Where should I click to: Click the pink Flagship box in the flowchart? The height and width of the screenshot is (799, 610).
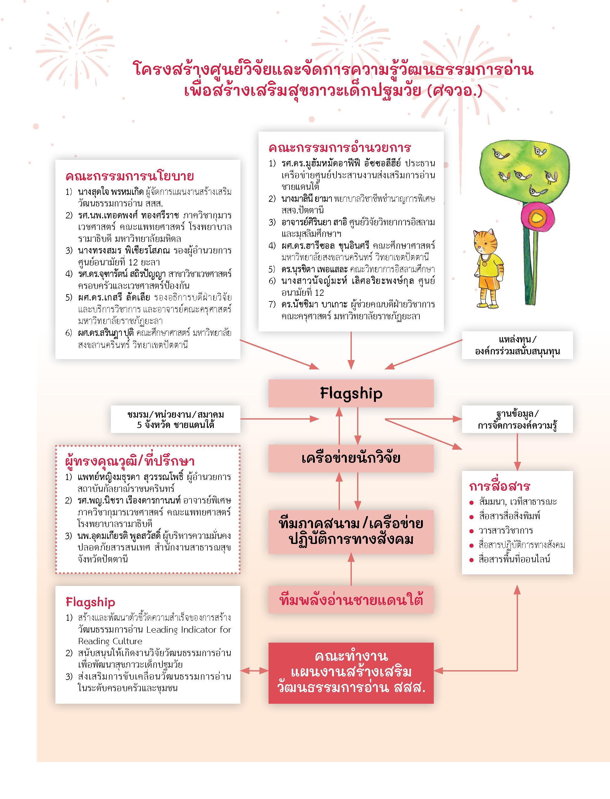[x=351, y=393]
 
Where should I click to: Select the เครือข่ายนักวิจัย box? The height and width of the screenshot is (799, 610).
[x=351, y=458]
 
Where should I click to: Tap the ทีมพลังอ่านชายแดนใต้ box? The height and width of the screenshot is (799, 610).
[x=351, y=600]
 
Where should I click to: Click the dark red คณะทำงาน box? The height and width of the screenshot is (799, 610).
[x=351, y=672]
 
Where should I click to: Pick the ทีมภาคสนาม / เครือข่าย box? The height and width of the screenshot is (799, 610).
[x=351, y=531]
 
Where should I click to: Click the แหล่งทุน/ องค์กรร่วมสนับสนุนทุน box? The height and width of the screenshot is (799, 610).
[x=517, y=345]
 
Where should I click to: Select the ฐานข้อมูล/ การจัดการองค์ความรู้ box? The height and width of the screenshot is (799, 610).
[x=517, y=419]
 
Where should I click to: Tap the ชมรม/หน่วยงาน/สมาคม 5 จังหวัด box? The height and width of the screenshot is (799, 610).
[x=175, y=419]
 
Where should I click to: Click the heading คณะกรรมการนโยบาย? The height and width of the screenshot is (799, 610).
[x=130, y=176]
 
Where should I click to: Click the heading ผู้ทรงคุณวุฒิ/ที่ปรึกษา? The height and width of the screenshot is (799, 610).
[x=130, y=461]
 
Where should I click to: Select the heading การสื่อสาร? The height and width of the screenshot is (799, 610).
[x=500, y=486]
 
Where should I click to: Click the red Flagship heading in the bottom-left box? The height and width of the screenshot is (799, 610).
[x=90, y=602]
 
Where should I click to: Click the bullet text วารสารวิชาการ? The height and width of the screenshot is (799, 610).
[x=505, y=530]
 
